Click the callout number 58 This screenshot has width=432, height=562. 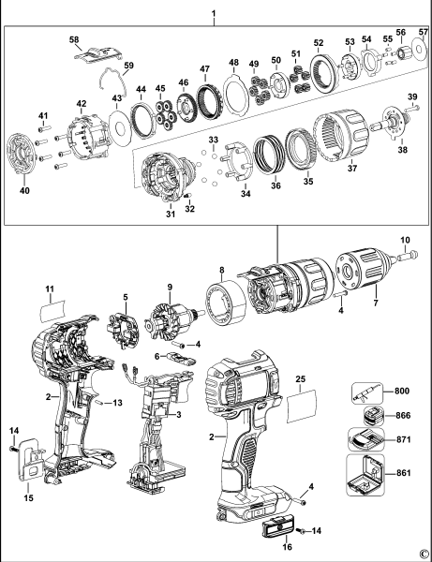75,39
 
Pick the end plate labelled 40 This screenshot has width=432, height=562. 26,157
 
